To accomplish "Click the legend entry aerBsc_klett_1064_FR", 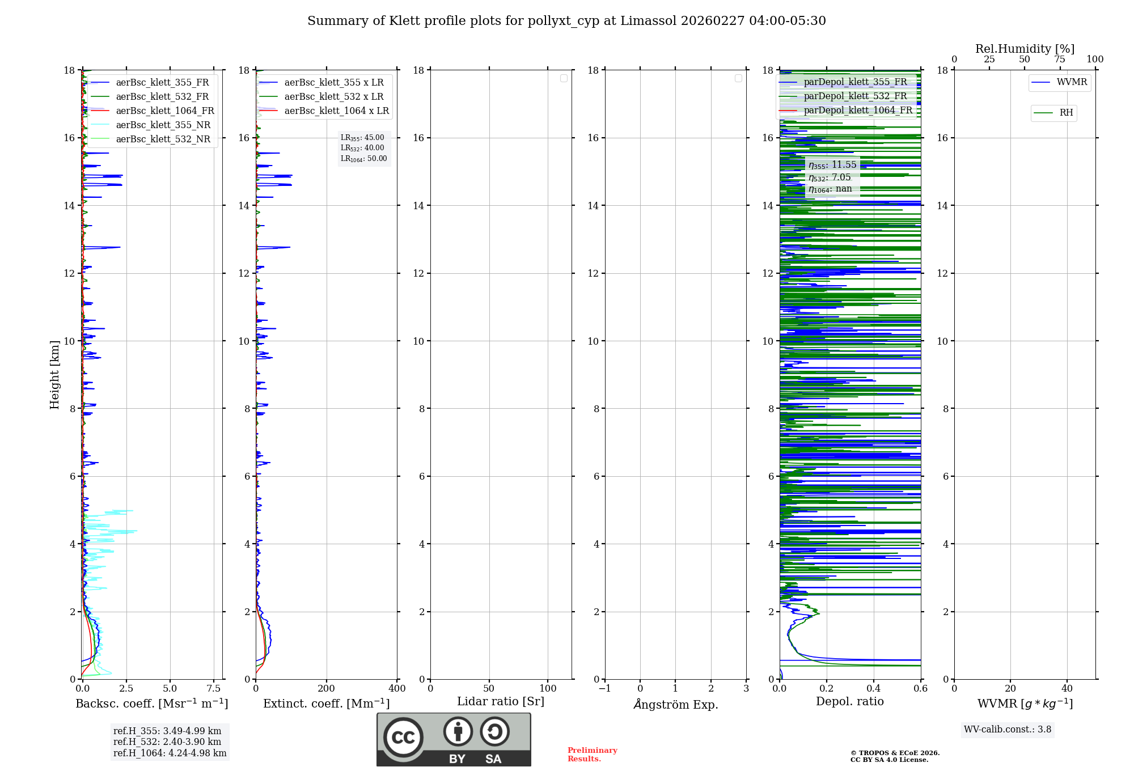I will [x=165, y=111].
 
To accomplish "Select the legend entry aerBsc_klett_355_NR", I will [x=163, y=125].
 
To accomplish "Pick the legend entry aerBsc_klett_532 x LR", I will [x=334, y=97].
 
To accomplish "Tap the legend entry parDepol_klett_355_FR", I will [x=855, y=82].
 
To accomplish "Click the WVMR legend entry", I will [x=1072, y=82].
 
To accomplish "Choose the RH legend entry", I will [x=1066, y=113].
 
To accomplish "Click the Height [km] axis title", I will [x=54, y=375].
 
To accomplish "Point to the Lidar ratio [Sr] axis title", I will [x=501, y=702].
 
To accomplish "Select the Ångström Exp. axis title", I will [x=676, y=705].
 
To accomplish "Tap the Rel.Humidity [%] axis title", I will [x=1025, y=49].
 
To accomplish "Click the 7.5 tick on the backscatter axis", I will [x=214, y=689].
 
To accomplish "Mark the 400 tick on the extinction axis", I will [x=397, y=689].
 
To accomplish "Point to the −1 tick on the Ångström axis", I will [x=604, y=689].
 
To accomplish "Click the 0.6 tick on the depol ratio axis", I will [x=920, y=689].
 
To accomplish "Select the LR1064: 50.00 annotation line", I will [x=364, y=159].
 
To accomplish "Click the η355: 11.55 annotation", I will [x=832, y=165].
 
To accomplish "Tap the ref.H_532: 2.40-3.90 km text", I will [x=167, y=742].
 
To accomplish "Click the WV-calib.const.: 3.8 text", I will [x=1008, y=730].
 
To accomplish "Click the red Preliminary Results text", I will [x=592, y=755].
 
